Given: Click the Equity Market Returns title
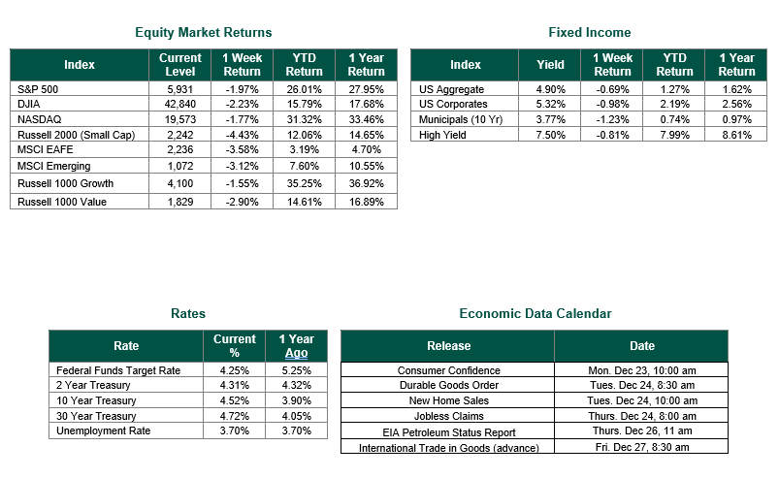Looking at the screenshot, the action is pos(203,33).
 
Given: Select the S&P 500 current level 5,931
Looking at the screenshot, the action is pos(179,89).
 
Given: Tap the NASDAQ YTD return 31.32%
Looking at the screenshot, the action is pos(304,119).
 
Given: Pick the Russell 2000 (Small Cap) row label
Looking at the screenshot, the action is pos(76,135).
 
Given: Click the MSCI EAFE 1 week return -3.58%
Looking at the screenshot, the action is pos(242,150).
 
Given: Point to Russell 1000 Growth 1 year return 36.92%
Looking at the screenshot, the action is pos(366,183).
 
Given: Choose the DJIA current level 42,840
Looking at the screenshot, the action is pos(179,105).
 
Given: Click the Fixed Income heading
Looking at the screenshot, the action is pos(589,33).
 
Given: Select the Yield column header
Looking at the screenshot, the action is pos(550,65).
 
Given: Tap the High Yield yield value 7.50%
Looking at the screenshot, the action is pos(550,135).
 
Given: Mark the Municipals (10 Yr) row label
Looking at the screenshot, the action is pos(461,119).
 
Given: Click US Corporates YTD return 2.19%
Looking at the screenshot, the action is pos(674,105).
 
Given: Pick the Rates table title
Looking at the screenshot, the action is pos(188,314).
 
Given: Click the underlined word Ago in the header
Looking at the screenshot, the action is pos(296,353).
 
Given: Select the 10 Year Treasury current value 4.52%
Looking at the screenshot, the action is pos(235,401).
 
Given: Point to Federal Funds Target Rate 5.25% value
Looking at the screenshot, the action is pos(296,370).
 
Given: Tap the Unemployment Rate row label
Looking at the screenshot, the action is pos(104,430).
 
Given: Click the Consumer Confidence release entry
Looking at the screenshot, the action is pos(448,370).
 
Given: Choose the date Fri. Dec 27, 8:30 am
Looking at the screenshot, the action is pos(642,447).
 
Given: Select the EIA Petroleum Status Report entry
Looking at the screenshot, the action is pos(448,432).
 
